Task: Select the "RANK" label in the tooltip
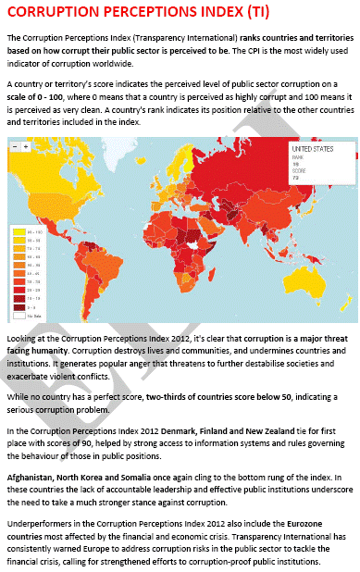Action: [298, 157]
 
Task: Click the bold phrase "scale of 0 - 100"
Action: [38, 99]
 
